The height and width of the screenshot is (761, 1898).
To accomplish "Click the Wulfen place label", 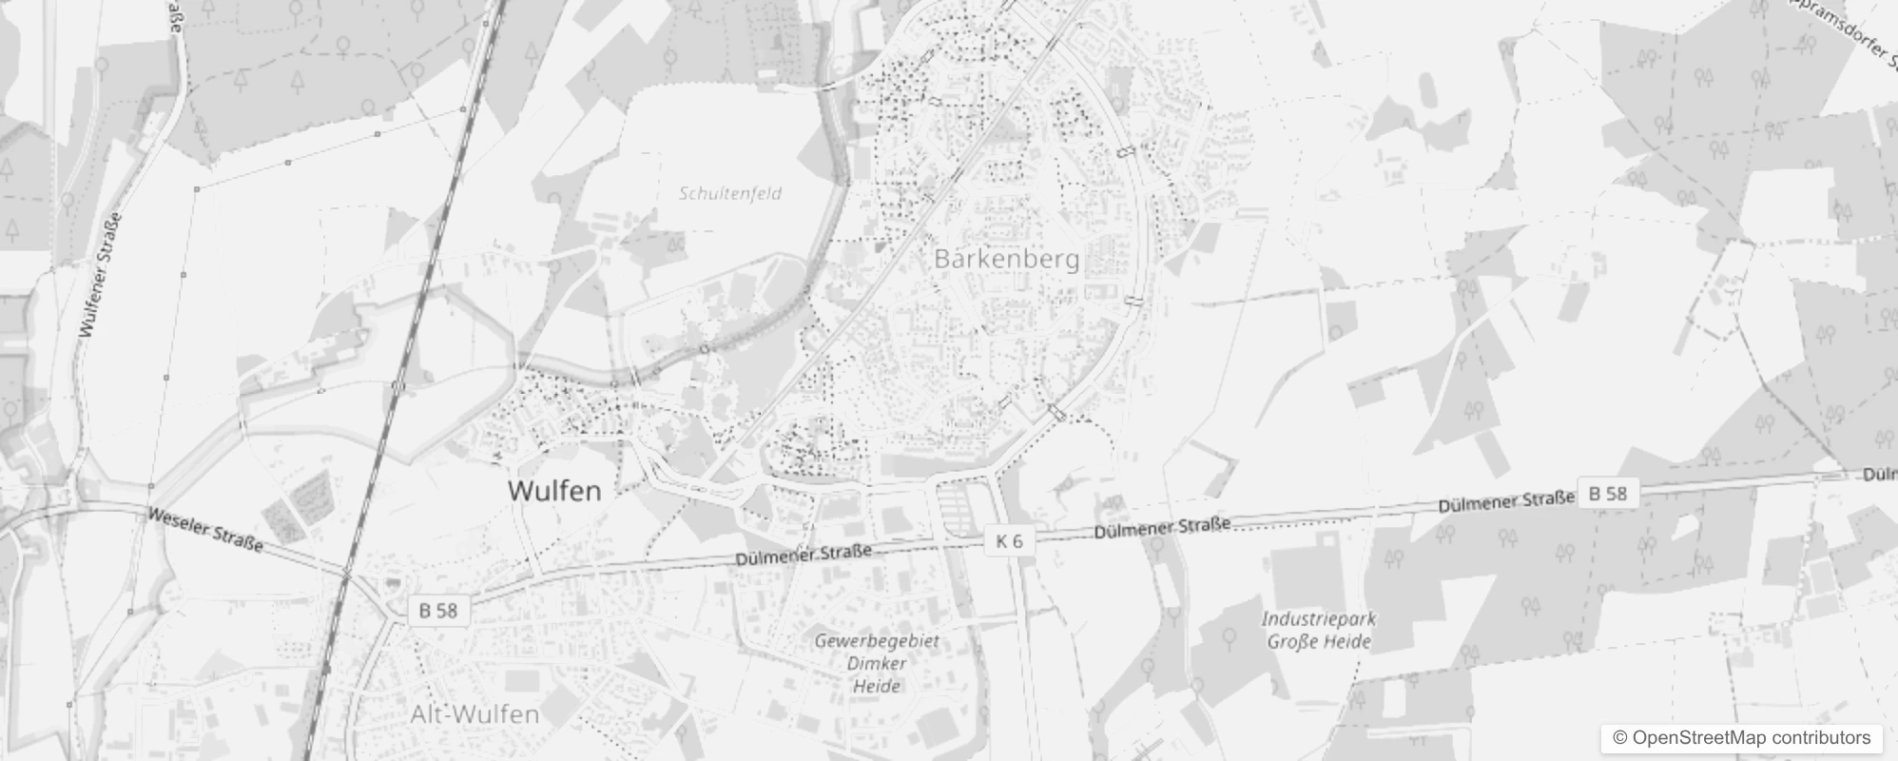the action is (x=553, y=491).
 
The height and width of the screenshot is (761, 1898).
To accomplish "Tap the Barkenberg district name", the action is (x=1006, y=259).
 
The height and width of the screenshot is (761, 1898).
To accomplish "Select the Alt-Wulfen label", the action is (x=474, y=714).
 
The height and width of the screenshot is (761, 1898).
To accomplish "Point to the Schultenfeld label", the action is (x=730, y=193).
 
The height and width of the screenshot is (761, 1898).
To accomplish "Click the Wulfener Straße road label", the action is (x=101, y=275).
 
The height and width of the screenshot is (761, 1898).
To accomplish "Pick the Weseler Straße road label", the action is (x=204, y=530).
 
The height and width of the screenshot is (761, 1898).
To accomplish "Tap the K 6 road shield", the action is (x=1009, y=541).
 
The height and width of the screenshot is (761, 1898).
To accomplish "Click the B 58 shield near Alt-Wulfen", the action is (x=438, y=610).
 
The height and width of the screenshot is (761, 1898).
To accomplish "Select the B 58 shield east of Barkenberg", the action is (x=1608, y=493).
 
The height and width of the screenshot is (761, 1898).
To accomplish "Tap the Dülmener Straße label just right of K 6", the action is (x=1162, y=528).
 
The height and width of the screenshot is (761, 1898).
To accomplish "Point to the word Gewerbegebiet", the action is (x=876, y=641).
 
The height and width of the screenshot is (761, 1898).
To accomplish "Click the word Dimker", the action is (x=876, y=663).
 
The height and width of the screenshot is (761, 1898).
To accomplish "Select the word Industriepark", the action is (x=1318, y=619).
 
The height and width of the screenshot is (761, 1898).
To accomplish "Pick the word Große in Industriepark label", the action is (x=1293, y=641).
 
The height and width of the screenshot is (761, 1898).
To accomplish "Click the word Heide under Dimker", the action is (x=876, y=685).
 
